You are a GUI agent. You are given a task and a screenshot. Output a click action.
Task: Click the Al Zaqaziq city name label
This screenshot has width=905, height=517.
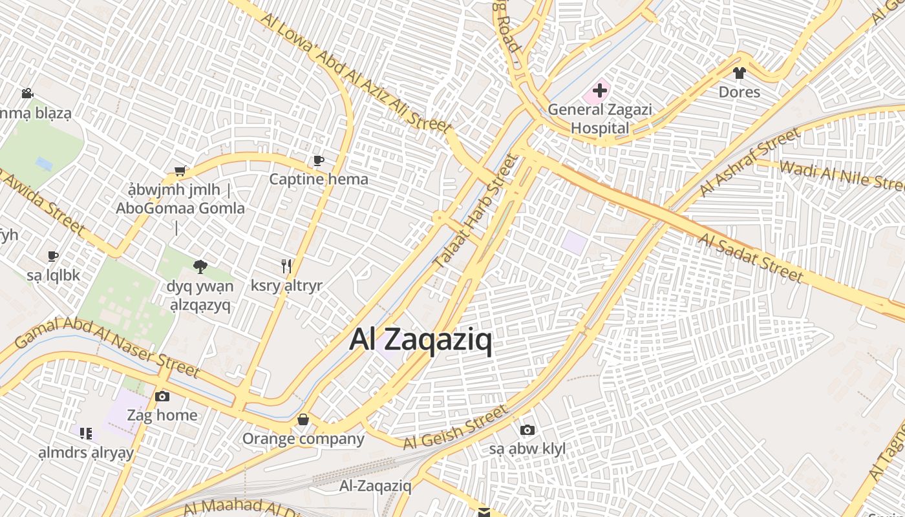[x=421, y=339]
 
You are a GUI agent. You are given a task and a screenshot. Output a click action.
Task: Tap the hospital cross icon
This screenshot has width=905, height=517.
[x=600, y=91]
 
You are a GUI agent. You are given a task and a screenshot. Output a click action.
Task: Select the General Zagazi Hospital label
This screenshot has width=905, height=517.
[x=599, y=119]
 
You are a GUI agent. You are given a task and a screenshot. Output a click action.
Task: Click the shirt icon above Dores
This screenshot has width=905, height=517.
[x=740, y=73]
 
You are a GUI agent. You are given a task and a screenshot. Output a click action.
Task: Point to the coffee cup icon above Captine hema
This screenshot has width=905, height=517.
[x=318, y=160]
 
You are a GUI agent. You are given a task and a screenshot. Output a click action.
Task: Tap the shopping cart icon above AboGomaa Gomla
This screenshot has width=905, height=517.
[x=180, y=171]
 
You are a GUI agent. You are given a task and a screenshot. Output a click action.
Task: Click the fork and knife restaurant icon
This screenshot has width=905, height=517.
[x=286, y=266]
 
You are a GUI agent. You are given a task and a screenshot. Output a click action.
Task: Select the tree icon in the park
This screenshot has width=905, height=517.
[x=200, y=266]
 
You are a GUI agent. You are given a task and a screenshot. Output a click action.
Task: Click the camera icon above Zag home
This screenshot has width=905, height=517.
[x=162, y=396]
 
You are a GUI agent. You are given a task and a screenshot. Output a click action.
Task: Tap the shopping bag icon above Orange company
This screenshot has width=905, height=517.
[x=303, y=420]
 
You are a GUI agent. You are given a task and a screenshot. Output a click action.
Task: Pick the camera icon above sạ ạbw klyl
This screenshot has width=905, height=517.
[x=527, y=430]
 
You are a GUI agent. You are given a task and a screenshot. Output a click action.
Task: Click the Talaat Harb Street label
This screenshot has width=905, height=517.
[x=476, y=212]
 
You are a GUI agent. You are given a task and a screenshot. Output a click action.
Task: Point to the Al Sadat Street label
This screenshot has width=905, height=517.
[x=751, y=258]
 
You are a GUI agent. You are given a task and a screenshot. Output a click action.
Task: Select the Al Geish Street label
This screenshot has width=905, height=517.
[x=456, y=428]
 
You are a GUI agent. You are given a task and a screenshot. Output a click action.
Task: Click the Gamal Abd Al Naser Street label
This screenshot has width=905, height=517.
[x=107, y=346]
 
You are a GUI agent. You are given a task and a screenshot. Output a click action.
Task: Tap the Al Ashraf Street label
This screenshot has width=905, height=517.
[x=750, y=162]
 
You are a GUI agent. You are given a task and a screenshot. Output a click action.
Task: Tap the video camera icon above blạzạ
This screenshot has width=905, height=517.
[x=27, y=94]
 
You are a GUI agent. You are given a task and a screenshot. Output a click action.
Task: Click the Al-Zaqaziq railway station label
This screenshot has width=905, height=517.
[x=376, y=486]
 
